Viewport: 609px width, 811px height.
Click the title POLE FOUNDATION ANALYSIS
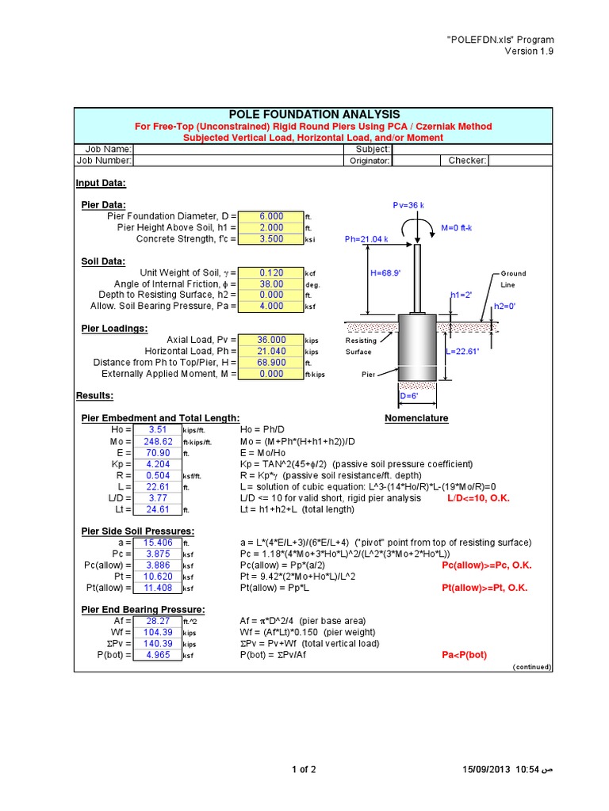pyautogui.click(x=315, y=115)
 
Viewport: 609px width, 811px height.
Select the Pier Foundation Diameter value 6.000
pyautogui.click(x=270, y=216)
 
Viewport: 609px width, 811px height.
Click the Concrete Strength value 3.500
pyautogui.click(x=270, y=238)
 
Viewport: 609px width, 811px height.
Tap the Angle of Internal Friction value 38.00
pyautogui.click(x=270, y=284)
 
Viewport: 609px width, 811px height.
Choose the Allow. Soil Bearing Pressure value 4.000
pyautogui.click(x=270, y=306)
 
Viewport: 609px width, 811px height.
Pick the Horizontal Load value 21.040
pyautogui.click(x=270, y=351)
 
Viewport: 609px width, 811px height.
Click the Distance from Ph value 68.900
pyautogui.click(x=270, y=362)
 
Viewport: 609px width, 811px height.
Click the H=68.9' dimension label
pyautogui.click(x=387, y=273)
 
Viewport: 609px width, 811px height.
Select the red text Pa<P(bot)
pyautogui.click(x=464, y=655)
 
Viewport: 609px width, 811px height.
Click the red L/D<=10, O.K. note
pyautogui.click(x=478, y=497)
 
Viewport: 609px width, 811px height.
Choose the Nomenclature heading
pyautogui.click(x=416, y=418)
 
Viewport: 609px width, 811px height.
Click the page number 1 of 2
pyautogui.click(x=304, y=769)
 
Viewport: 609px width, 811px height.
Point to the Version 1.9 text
pyautogui.click(x=530, y=51)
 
